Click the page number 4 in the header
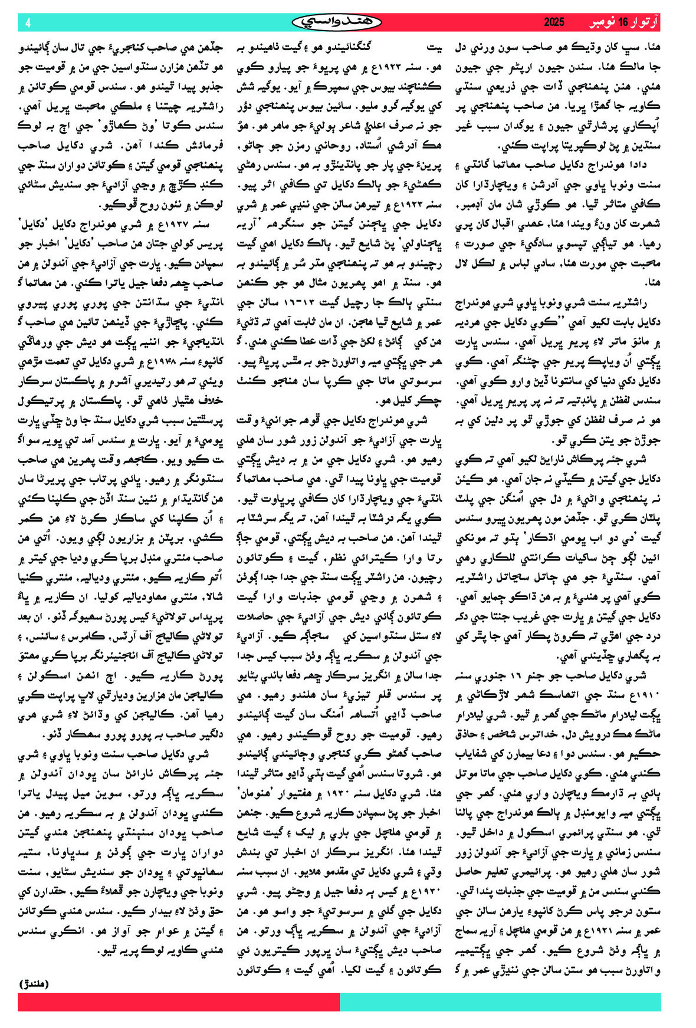point(28,23)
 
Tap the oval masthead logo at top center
point(336,22)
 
